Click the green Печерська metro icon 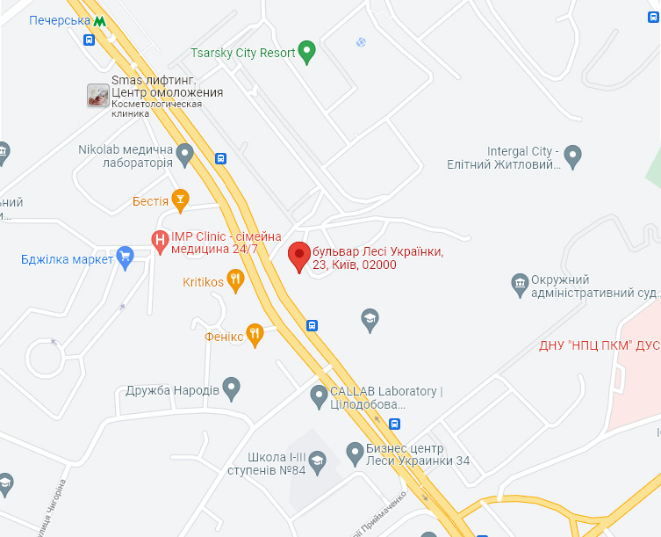pyautogui.click(x=102, y=20)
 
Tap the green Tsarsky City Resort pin pyautogui.click(x=306, y=52)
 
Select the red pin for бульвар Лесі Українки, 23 pyautogui.click(x=299, y=256)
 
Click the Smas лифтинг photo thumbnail pyautogui.click(x=98, y=96)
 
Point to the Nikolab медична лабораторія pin pyautogui.click(x=184, y=155)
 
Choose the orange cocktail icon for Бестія pyautogui.click(x=180, y=200)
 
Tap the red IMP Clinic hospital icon pyautogui.click(x=160, y=238)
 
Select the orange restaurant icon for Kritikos pyautogui.click(x=235, y=281)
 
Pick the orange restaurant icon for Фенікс pyautogui.click(x=255, y=333)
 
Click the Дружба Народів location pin pyautogui.click(x=231, y=387)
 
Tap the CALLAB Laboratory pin pyautogui.click(x=320, y=396)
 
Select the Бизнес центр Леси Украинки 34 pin pyautogui.click(x=356, y=454)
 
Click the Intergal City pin pyautogui.click(x=573, y=156)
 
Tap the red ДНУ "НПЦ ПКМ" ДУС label pyautogui.click(x=598, y=345)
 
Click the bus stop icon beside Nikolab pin pyautogui.click(x=220, y=159)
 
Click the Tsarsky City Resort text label pyautogui.click(x=243, y=53)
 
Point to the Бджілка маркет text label pyautogui.click(x=68, y=259)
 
